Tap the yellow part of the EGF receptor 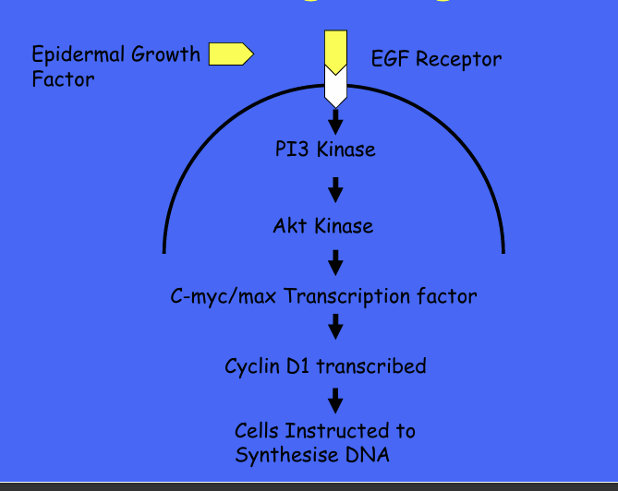[335, 51]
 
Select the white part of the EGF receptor [335, 90]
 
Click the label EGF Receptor [436, 60]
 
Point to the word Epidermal [78, 54]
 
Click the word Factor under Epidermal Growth [63, 79]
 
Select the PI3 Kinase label [325, 149]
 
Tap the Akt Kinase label [323, 225]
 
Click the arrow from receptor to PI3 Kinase [335, 120]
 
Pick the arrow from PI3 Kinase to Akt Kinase [335, 189]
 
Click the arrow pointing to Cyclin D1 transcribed [335, 326]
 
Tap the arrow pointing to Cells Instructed [335, 399]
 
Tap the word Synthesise [283, 455]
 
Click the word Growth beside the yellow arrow [165, 54]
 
